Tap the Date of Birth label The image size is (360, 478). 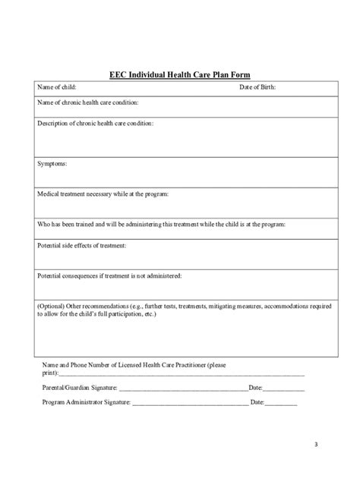pyautogui.click(x=258, y=87)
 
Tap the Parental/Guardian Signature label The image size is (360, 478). pyautogui.click(x=81, y=388)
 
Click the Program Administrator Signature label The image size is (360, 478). pyautogui.click(x=87, y=401)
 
